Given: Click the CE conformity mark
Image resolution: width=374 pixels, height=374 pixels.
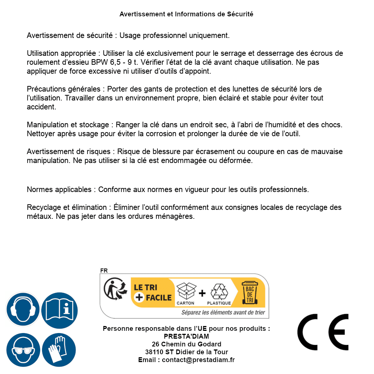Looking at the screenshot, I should tap(323, 330).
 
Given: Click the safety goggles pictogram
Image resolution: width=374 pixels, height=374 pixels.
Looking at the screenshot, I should tap(23, 350).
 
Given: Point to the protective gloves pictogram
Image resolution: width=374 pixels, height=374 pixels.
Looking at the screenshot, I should tap(59, 350).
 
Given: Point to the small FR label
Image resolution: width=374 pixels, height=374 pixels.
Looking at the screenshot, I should tap(103, 271).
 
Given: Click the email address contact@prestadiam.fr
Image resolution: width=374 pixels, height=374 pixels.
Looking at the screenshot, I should tap(198, 360).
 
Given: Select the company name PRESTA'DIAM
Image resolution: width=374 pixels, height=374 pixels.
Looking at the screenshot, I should tap(186, 336).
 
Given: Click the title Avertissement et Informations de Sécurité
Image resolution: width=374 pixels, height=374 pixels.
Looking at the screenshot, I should tap(186, 14).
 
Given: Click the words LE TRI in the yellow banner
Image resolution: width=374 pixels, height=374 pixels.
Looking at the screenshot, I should tap(146, 287).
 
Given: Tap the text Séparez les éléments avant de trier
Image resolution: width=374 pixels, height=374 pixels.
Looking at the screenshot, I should tap(223, 312).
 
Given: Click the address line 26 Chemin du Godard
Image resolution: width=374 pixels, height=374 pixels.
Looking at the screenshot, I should tap(186, 344).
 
